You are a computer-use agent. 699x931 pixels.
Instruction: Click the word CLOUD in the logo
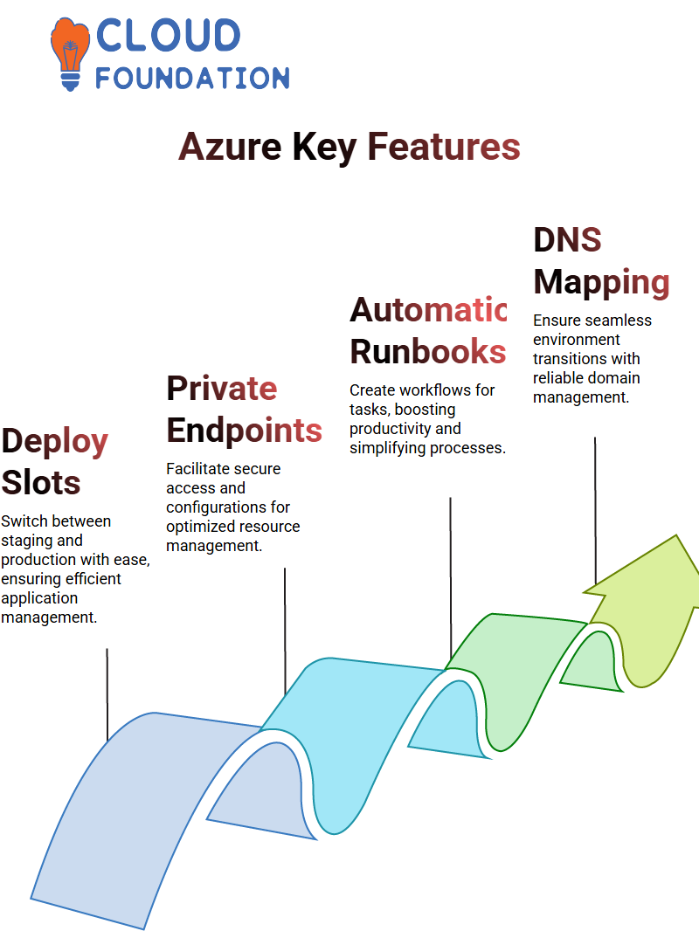point(168,36)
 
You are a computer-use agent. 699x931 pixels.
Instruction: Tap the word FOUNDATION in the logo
point(192,78)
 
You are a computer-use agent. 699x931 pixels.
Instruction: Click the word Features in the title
point(444,147)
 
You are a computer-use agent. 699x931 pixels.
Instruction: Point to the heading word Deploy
point(54,442)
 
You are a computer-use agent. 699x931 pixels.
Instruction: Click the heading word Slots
point(41,483)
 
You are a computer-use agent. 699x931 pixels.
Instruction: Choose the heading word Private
point(221,390)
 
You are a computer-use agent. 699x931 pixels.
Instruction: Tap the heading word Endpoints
point(244,431)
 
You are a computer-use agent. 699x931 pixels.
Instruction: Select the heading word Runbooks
point(427,351)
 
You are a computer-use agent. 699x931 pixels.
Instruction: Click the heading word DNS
point(567,240)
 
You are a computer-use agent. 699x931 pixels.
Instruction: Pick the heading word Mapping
point(601,281)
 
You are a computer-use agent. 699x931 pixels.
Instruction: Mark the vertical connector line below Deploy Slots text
point(107,694)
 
